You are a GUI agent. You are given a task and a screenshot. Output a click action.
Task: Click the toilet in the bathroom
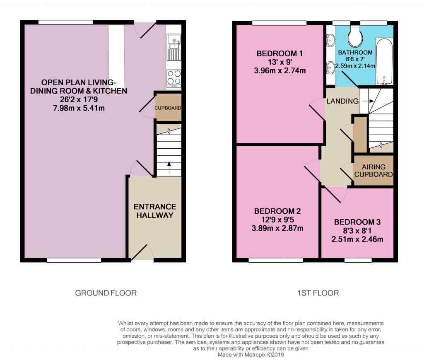tap(355, 36)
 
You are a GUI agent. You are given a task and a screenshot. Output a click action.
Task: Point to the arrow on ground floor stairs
tap(169, 164)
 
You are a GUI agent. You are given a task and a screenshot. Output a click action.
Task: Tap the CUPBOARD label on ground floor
tap(168, 108)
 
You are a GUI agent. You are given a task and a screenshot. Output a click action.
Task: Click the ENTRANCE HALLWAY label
tap(155, 211)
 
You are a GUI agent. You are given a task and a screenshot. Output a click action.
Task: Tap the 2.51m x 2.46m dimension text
tap(357, 239)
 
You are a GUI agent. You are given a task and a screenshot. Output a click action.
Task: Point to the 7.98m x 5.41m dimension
tap(78, 107)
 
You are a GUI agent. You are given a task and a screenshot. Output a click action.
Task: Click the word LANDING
tap(342, 101)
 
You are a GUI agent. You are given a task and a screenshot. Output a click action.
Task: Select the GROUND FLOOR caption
tap(106, 293)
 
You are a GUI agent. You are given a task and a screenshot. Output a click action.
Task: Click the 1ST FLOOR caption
tap(318, 293)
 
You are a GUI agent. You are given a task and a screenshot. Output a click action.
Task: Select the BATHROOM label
tap(355, 53)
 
